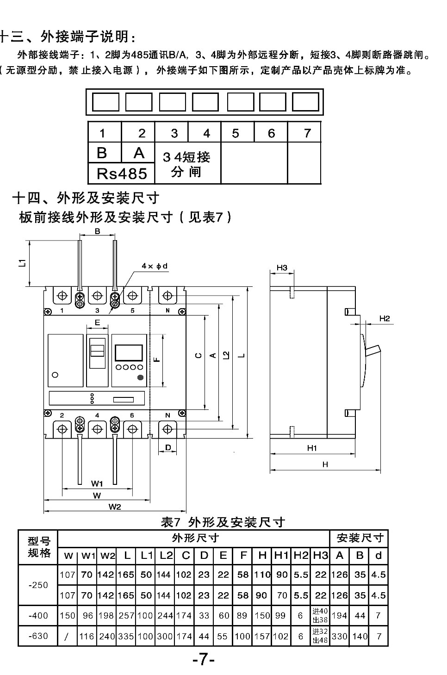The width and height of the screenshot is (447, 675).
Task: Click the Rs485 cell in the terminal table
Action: (x=121, y=173)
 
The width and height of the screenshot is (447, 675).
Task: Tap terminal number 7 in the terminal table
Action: (x=307, y=133)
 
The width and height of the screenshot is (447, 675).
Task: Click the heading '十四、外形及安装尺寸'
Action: (x=86, y=198)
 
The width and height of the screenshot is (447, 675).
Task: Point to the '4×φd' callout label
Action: (x=155, y=266)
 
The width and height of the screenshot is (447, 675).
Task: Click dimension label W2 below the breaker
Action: (x=115, y=507)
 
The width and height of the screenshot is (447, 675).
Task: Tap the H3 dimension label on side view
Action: (x=282, y=267)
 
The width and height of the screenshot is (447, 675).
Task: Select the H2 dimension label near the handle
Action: (x=385, y=318)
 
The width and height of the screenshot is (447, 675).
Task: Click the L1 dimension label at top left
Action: (x=21, y=262)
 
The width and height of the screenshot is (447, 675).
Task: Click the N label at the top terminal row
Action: (x=168, y=310)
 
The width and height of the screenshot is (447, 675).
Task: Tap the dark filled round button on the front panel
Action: (x=140, y=378)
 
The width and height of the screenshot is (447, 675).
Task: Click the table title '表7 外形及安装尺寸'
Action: (x=222, y=522)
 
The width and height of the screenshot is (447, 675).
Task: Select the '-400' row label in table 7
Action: (x=38, y=616)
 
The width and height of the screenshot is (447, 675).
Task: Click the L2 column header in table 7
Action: (x=166, y=555)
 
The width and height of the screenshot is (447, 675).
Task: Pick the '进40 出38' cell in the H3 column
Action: (x=320, y=615)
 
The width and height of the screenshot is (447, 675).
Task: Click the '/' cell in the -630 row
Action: (x=68, y=637)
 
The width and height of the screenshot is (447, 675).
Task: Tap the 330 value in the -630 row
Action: (x=339, y=637)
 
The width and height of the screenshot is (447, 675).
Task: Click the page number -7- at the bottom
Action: (x=204, y=659)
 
